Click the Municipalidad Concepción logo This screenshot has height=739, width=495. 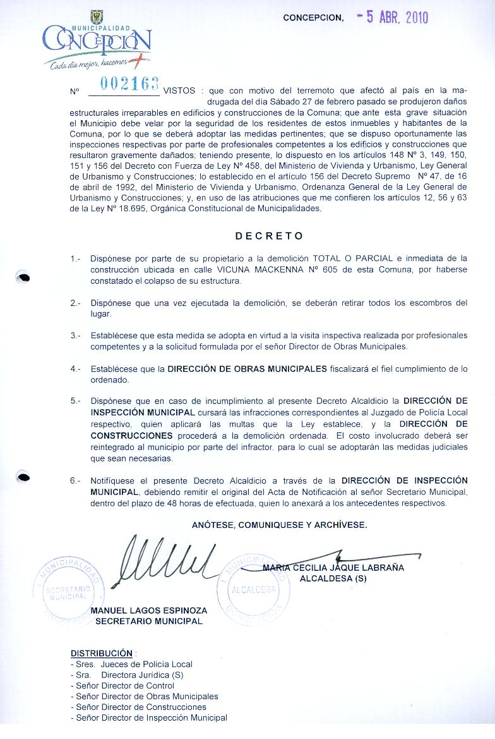(x=96, y=42)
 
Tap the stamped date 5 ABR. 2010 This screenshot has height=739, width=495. (x=392, y=17)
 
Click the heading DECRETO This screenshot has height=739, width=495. (x=270, y=236)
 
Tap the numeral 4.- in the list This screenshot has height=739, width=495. (x=76, y=369)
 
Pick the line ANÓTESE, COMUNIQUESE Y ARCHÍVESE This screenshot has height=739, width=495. (x=279, y=525)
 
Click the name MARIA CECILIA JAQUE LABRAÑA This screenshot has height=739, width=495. (x=333, y=568)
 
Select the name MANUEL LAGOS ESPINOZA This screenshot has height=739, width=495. (x=149, y=611)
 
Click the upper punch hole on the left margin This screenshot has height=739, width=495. (x=23, y=276)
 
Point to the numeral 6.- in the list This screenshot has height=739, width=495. (x=76, y=481)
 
